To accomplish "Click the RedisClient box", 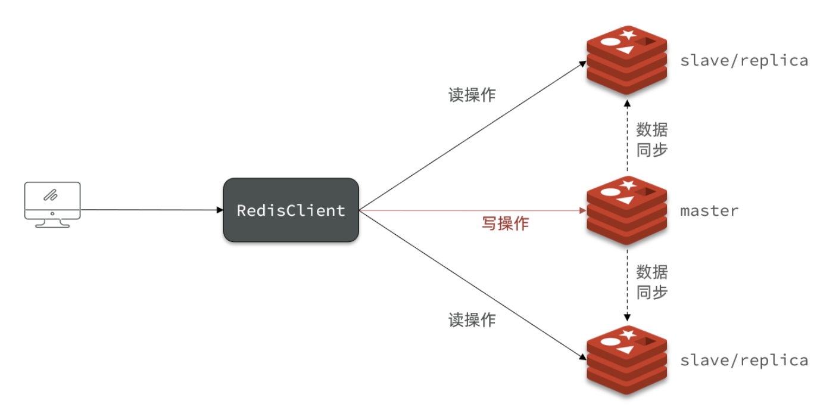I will coord(291,210).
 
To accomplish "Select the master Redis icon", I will coord(626,210).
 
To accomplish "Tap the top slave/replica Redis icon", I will coord(626,60).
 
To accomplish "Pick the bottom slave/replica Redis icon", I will coord(626,360).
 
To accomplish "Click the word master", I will coord(709,210).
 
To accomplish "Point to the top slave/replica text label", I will coord(744,60).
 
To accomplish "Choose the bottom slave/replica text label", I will coord(744,360).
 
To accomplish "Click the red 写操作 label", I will coord(504,223).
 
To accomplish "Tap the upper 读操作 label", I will coord(472,95).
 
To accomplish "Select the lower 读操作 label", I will coord(472,320).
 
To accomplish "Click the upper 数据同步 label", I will coord(651,139).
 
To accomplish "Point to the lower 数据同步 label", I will coord(651,282).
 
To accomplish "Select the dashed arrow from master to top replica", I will coord(626,137).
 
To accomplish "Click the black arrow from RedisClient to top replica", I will coord(470,135).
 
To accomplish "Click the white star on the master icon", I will coord(627,184).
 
